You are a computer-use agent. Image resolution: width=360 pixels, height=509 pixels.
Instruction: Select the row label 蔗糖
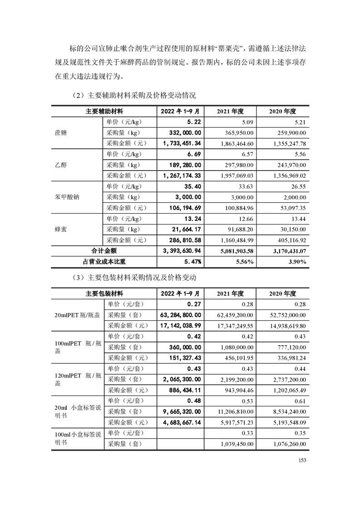[60, 132]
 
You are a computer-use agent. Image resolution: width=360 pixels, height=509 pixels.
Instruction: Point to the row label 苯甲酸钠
[63, 197]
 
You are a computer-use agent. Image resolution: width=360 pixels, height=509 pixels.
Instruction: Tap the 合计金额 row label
[104, 251]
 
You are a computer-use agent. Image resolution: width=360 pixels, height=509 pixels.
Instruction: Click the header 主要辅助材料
[104, 111]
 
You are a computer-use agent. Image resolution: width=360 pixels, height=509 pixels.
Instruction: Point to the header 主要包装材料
[104, 294]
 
